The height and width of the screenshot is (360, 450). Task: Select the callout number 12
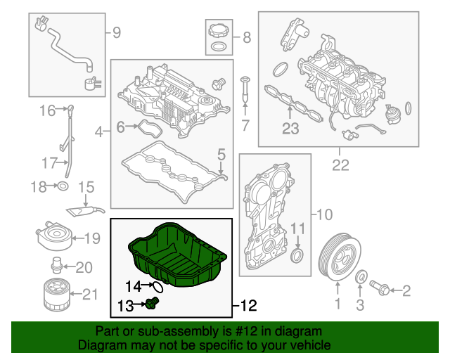point(249,306)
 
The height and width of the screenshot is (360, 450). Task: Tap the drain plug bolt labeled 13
point(155,303)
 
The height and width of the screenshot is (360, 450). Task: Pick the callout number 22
point(340,166)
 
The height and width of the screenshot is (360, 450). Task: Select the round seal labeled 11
point(299,254)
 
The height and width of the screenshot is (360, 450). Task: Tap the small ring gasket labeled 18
point(62,186)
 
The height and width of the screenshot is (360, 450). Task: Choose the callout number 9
point(117,32)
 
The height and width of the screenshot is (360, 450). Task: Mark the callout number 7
point(245,127)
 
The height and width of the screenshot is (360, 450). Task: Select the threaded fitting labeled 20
point(54,266)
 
